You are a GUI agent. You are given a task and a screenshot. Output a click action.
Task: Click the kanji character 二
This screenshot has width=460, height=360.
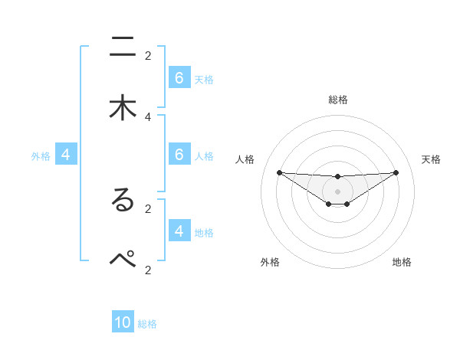coord(123,47)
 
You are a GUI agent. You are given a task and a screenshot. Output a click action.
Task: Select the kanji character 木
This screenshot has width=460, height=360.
coord(123,108)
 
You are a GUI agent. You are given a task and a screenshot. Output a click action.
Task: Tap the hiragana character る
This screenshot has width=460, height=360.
coord(123,201)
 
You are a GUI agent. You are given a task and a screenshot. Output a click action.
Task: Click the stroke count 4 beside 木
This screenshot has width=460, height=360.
coord(148,116)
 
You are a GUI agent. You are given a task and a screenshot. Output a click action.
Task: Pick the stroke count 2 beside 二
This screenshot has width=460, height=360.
coord(148,55)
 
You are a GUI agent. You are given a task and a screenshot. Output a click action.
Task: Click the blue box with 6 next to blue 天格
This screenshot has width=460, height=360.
coord(179,78)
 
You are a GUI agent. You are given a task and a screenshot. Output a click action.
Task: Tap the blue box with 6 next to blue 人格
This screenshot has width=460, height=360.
coord(179,155)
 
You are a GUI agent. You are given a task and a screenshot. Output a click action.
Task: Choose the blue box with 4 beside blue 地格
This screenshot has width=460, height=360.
coord(179,231)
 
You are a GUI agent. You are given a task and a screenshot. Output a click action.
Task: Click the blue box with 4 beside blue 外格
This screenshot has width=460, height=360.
coord(66,155)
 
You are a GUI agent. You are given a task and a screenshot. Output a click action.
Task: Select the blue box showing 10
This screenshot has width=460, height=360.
coord(123,322)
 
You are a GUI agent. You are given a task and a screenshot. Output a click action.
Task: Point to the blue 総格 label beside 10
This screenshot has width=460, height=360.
coord(147,324)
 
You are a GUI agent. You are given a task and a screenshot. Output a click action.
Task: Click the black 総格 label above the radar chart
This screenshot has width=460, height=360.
coord(337,100)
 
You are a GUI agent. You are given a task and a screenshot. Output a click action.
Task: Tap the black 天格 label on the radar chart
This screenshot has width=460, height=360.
coord(431,159)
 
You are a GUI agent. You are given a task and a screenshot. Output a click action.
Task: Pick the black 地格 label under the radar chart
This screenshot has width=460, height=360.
coord(402,262)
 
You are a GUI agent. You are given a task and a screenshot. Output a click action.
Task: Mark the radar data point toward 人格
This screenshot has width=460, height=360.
coord(279,172)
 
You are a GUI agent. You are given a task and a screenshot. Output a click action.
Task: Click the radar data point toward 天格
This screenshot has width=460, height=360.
coord(396,172)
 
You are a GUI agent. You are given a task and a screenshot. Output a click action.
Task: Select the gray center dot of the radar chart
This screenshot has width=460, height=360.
coord(337,191)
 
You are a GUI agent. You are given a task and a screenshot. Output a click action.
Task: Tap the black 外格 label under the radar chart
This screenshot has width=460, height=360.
coord(270,262)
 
